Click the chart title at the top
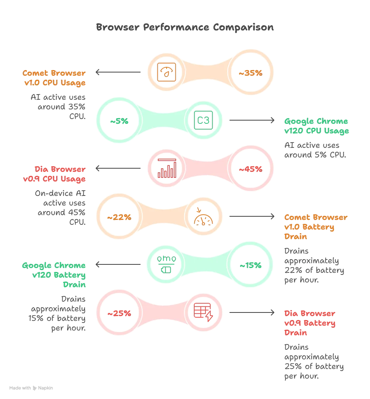tap(185, 27)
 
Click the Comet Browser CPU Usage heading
tap(54, 78)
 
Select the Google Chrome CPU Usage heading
tap(316, 126)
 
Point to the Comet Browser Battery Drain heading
tap(316, 227)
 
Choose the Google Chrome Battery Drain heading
tap(54, 275)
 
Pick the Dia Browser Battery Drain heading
tap(310, 323)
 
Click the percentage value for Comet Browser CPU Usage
tap(250, 73)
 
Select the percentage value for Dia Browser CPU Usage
tap(250, 169)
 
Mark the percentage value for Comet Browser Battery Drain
tap(119, 217)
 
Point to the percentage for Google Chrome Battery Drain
tap(250, 265)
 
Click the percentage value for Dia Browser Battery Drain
tap(119, 313)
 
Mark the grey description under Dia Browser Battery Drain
tap(314, 361)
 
